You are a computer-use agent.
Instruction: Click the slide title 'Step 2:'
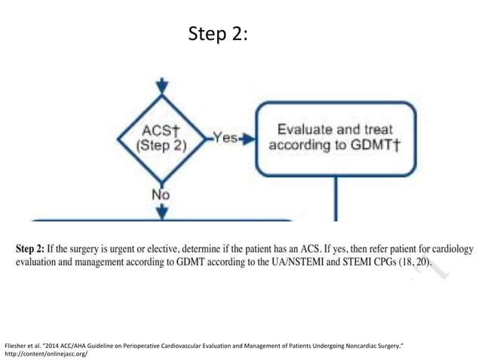[x=218, y=35]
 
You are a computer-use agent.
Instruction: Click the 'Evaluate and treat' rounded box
[x=335, y=138]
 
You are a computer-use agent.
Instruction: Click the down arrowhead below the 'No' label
[x=161, y=212]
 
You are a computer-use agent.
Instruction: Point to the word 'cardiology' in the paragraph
[x=440, y=249]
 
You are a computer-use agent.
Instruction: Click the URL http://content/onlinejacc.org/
[x=46, y=352]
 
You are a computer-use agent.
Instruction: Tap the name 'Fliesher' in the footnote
[x=17, y=344]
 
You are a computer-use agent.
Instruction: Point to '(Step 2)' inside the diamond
[x=161, y=146]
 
